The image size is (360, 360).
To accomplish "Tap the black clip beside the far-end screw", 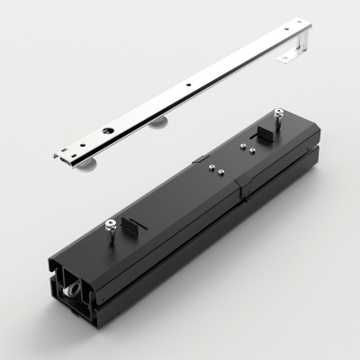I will pos(267,133).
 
